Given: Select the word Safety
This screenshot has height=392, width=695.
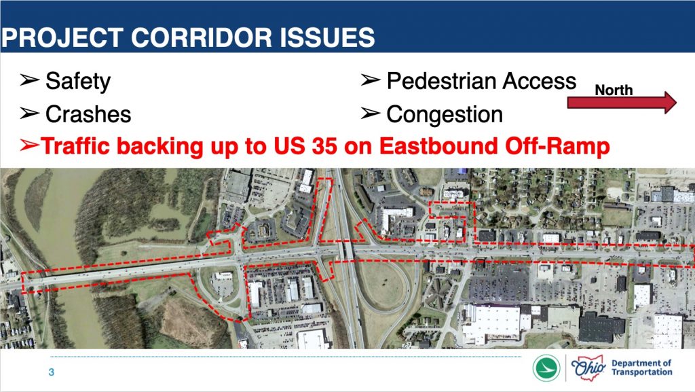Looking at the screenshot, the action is click(x=78, y=82).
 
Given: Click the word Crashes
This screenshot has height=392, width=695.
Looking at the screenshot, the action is click(x=88, y=114).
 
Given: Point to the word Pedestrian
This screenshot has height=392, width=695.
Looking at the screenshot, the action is click(x=441, y=81).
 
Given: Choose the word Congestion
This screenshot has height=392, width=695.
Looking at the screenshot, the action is click(x=445, y=115).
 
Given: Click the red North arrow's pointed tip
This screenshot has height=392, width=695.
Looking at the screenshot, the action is click(x=676, y=103).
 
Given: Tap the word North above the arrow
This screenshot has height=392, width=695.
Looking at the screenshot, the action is click(x=614, y=90).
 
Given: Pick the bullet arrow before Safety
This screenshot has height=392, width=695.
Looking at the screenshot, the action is click(x=29, y=80).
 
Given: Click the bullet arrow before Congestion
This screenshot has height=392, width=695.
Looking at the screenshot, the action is click(x=371, y=113).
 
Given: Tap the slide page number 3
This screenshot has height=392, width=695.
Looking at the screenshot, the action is click(x=52, y=372).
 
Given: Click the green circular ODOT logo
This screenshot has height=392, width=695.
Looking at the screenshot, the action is click(x=546, y=368).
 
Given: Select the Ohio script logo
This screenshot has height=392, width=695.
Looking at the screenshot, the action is click(x=588, y=368).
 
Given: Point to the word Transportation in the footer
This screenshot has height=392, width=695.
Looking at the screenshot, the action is click(x=642, y=372).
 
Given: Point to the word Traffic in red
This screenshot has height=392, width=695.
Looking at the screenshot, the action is click(x=75, y=146).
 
